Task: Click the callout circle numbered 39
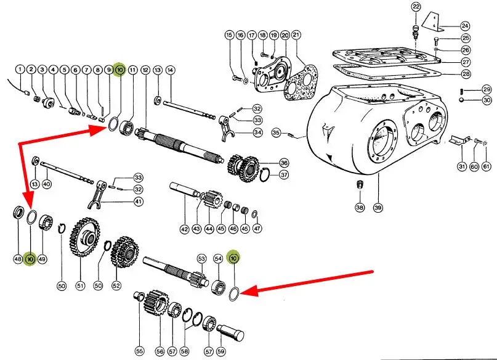point(378,208)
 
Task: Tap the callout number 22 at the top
point(416,7)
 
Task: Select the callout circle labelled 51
point(80,285)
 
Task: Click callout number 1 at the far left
point(20,69)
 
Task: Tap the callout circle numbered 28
point(466,73)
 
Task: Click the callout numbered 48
point(18,260)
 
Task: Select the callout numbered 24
point(465,26)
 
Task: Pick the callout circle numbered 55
point(140,351)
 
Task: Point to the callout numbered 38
point(360,208)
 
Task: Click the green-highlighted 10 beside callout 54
point(233,258)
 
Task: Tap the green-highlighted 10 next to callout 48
point(30,260)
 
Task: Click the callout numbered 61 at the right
point(486,166)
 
